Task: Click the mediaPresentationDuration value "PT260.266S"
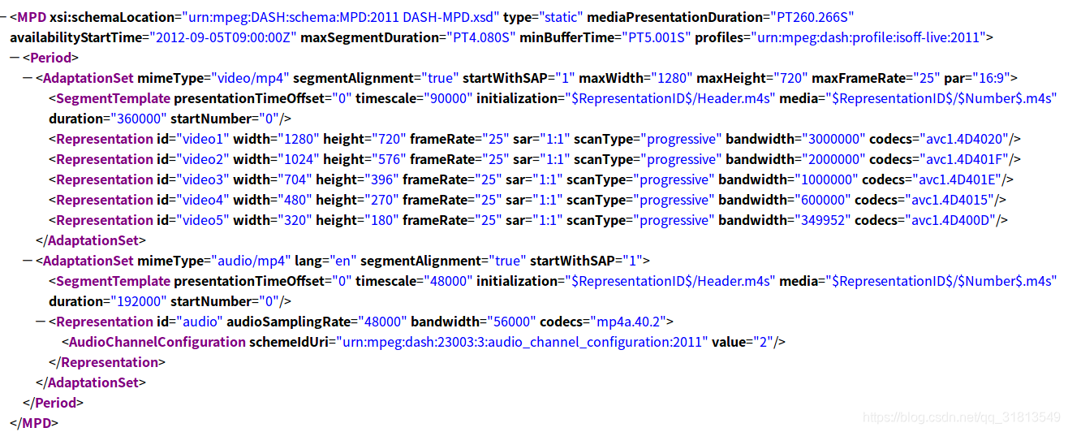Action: click(x=812, y=17)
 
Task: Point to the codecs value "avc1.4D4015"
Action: click(x=962, y=200)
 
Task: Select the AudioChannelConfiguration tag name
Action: click(x=157, y=342)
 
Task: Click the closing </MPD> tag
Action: click(x=34, y=423)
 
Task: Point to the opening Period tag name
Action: click(x=51, y=58)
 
